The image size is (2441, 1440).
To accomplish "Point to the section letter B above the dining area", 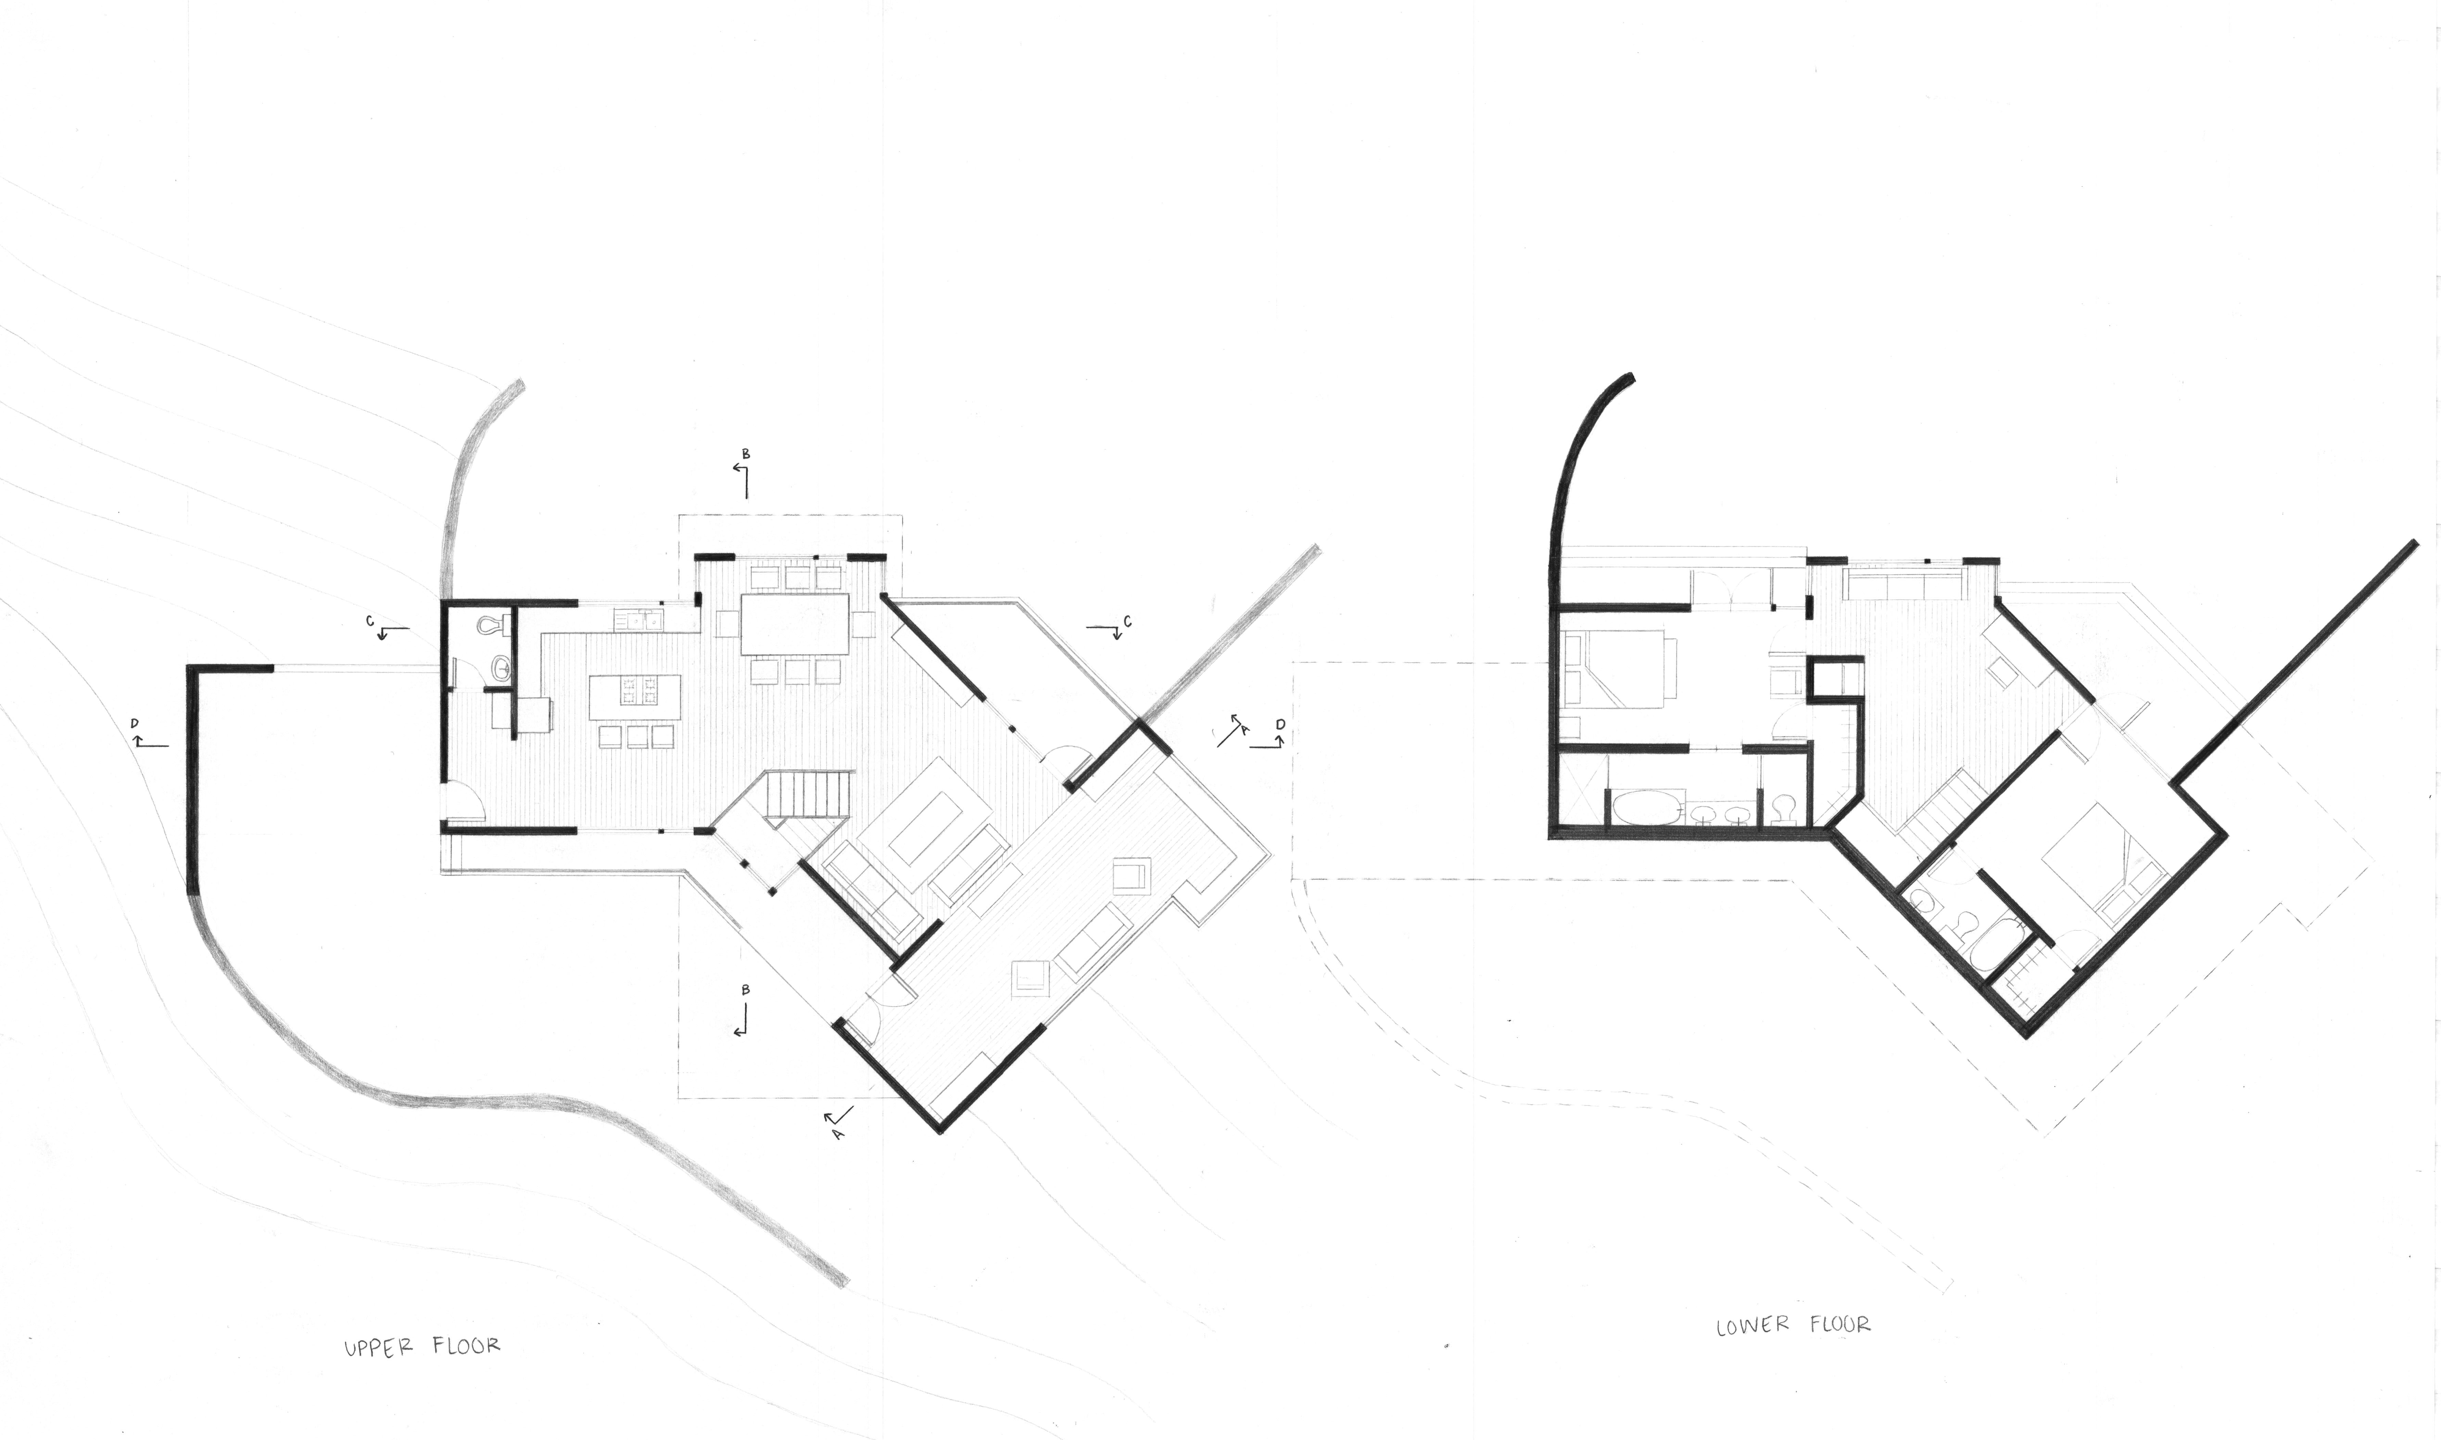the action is click(x=745, y=453).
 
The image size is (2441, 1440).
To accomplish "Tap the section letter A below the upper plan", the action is click(x=837, y=1132).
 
